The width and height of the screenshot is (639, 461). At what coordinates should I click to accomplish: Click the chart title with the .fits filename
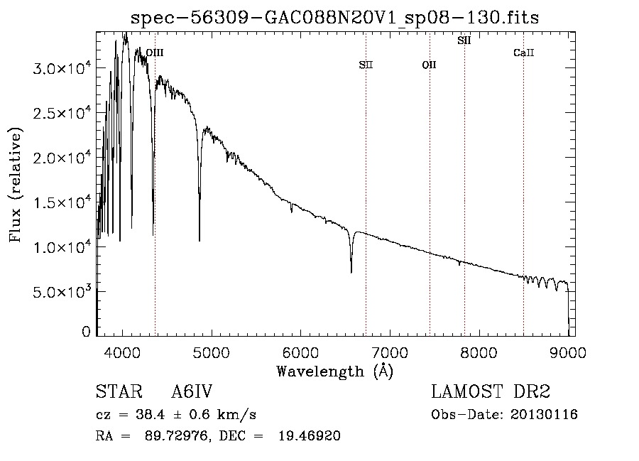point(334,18)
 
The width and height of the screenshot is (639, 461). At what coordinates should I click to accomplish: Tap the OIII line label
point(155,53)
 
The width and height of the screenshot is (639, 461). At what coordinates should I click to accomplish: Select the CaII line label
point(524,53)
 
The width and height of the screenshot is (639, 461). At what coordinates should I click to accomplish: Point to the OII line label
point(429,65)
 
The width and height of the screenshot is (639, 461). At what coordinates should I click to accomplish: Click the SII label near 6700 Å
point(366,65)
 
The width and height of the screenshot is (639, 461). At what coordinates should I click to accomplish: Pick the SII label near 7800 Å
point(464,40)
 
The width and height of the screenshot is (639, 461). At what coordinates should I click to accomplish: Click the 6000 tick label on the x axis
point(301,352)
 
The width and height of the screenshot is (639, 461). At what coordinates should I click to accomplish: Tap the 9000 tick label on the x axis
point(568,352)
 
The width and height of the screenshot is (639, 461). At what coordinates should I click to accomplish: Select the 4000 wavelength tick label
point(122,352)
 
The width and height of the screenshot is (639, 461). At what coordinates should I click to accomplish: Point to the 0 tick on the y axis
point(86,332)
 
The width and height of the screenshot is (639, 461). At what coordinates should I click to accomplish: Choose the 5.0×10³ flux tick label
point(62,291)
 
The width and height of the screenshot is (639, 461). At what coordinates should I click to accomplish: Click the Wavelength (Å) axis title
point(335,371)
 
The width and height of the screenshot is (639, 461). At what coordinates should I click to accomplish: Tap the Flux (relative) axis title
point(16,185)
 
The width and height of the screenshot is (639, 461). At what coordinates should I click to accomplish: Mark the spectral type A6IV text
point(192,391)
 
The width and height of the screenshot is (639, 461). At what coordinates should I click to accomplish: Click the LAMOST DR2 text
point(491,391)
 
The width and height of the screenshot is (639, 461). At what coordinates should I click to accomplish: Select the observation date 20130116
point(544,415)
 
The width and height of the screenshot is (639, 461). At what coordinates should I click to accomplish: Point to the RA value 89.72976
point(177,435)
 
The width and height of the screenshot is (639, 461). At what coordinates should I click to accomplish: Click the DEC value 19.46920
point(310,435)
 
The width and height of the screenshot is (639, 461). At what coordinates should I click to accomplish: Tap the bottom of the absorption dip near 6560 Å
point(351,272)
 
